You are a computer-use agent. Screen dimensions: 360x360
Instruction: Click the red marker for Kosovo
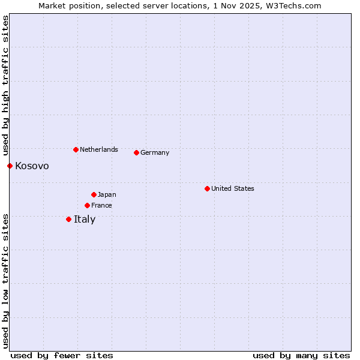click(10, 166)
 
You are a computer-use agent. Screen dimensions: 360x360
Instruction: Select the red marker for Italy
click(68, 219)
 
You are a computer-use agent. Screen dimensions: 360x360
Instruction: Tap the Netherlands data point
click(76, 149)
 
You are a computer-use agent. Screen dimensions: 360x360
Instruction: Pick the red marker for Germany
click(136, 152)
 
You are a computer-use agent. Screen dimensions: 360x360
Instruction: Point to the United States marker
click(207, 188)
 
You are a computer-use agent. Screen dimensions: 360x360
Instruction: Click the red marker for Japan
click(94, 194)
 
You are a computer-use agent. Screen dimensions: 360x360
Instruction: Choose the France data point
click(87, 205)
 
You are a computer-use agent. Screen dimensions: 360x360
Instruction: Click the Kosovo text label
click(32, 166)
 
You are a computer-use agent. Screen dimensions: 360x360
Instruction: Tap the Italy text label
click(85, 219)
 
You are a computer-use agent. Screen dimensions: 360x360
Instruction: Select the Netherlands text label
click(99, 149)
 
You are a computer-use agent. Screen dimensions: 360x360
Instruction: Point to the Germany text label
click(155, 152)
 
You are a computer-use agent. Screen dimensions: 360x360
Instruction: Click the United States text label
click(233, 188)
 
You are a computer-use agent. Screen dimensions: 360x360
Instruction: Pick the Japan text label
click(107, 194)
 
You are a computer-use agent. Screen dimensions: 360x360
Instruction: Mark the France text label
click(101, 205)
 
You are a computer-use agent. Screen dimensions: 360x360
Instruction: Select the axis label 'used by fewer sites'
click(62, 355)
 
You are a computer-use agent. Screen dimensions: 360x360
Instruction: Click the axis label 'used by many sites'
click(301, 355)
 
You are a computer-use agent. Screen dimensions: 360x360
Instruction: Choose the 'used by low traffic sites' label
click(5, 280)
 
